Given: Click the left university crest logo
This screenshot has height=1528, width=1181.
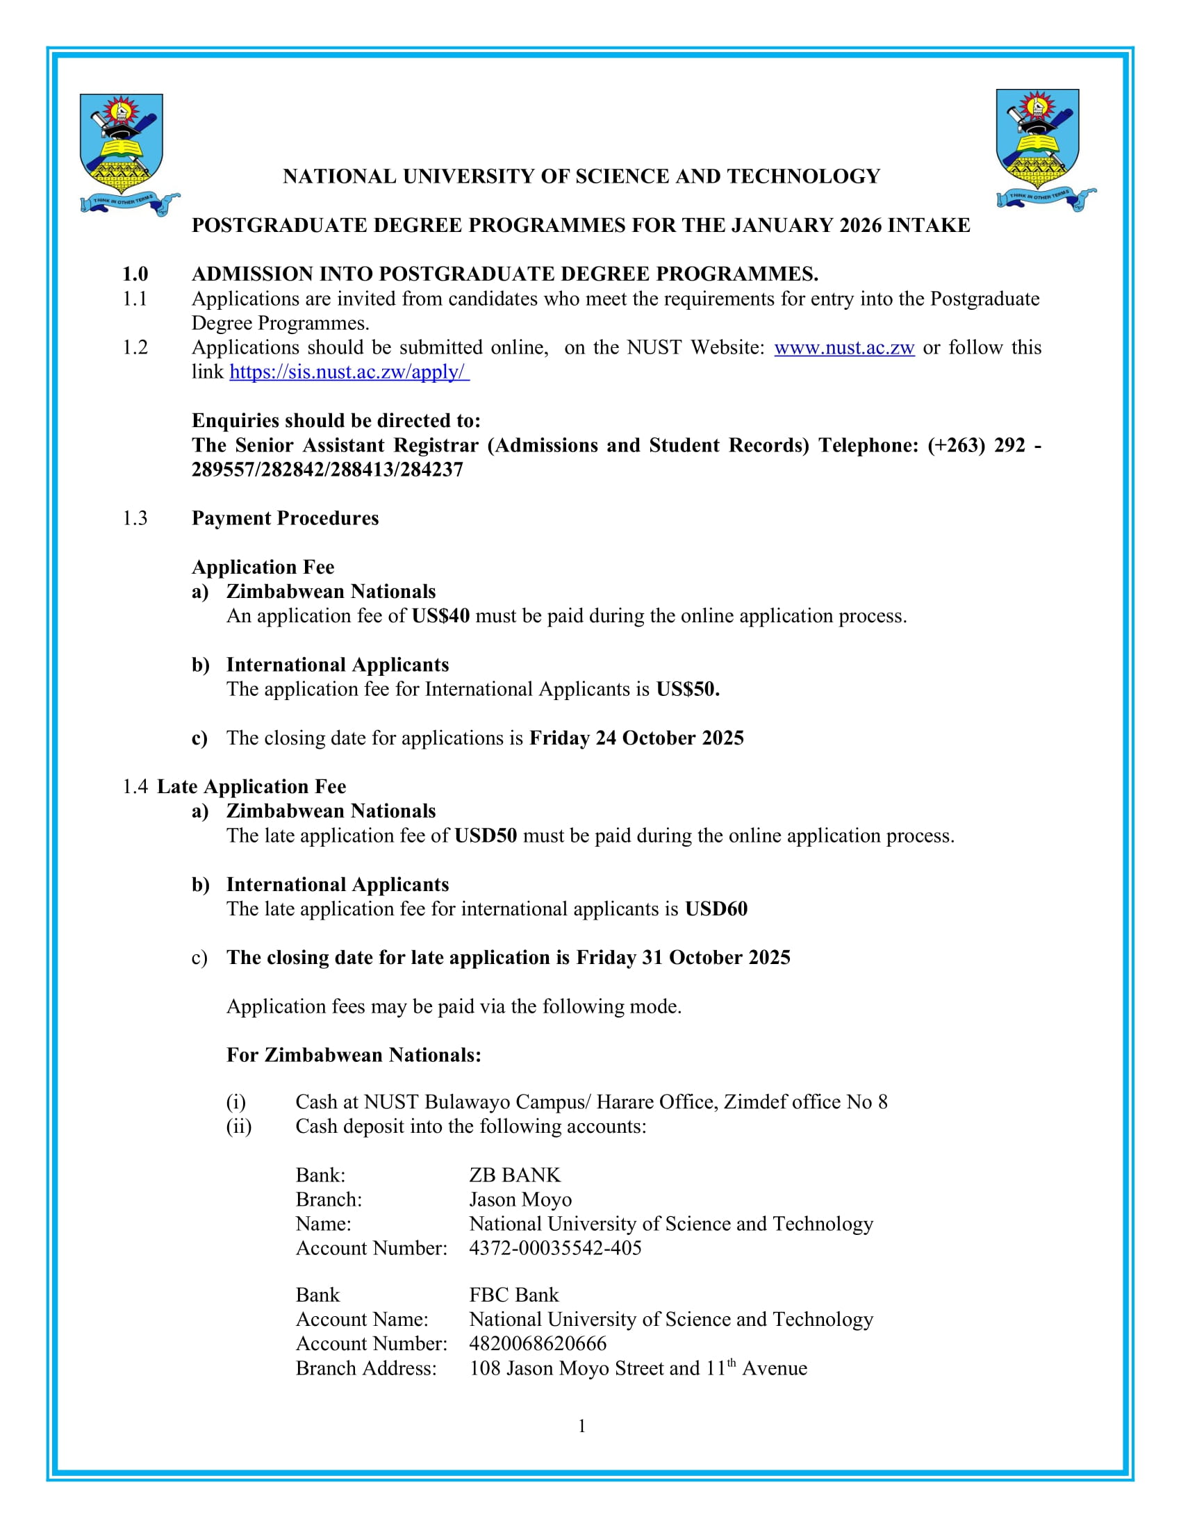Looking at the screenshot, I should coord(124,153).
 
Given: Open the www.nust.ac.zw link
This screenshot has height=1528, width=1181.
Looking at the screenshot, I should coord(844,348).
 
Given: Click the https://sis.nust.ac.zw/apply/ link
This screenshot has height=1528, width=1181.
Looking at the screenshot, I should coord(349,372).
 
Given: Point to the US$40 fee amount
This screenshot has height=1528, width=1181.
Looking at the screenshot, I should coord(440,616).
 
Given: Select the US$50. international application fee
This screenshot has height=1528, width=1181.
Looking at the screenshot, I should coord(687,690).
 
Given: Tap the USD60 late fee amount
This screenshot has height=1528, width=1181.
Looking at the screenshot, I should coord(716,910).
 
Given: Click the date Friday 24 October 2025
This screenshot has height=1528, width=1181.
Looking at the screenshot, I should coord(636,739).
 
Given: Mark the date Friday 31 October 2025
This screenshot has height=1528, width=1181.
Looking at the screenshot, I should coord(683,958).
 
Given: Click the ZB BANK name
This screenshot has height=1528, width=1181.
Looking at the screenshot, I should coord(514,1175).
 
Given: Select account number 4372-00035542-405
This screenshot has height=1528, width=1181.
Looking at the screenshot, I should coord(555,1248).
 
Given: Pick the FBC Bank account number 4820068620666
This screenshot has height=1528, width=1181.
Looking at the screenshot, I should coord(537,1344).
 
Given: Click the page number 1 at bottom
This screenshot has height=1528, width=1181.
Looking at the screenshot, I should coord(581,1427).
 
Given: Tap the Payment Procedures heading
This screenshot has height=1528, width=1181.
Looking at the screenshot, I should coord(285,518).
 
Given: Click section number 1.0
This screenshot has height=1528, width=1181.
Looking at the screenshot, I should coord(135,274).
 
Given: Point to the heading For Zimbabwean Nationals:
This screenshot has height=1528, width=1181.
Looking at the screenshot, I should coord(354,1055).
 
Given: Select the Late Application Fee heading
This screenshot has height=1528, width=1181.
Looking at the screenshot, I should coord(251,787).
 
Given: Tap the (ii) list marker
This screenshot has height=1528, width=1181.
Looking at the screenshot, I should coord(238,1127).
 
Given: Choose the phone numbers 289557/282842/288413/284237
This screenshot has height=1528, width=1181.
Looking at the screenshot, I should coord(327,470).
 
